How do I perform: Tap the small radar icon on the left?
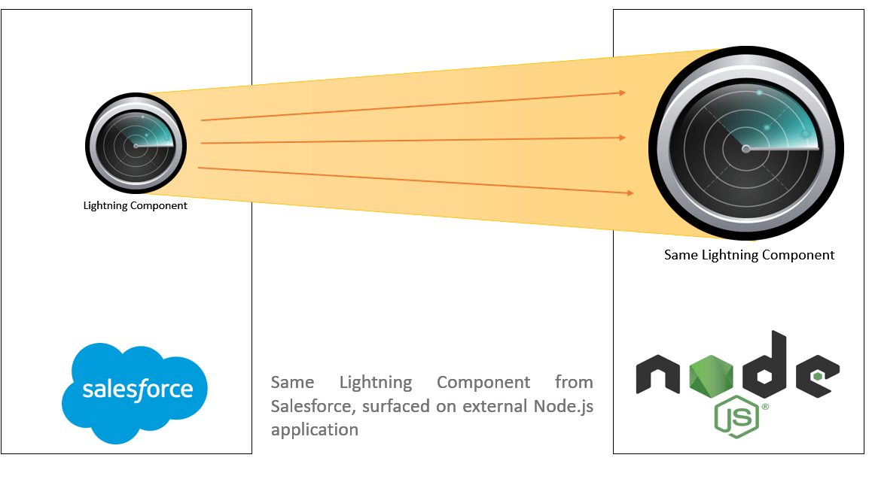pyautogui.click(x=136, y=145)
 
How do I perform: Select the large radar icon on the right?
pyautogui.click(x=746, y=147)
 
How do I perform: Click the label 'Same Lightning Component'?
pyautogui.click(x=749, y=255)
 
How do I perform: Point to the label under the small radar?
pyautogui.click(x=136, y=205)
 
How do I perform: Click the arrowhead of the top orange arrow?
pyautogui.click(x=623, y=92)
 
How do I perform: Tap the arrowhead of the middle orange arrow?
pyautogui.click(x=623, y=138)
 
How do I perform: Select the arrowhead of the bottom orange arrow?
pyautogui.click(x=630, y=193)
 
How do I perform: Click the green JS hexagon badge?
pyautogui.click(x=736, y=417)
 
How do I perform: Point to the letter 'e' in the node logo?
pyautogui.click(x=816, y=374)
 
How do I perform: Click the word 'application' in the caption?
pyautogui.click(x=315, y=430)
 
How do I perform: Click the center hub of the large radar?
pyautogui.click(x=745, y=149)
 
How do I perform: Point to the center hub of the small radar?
pyautogui.click(x=136, y=146)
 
